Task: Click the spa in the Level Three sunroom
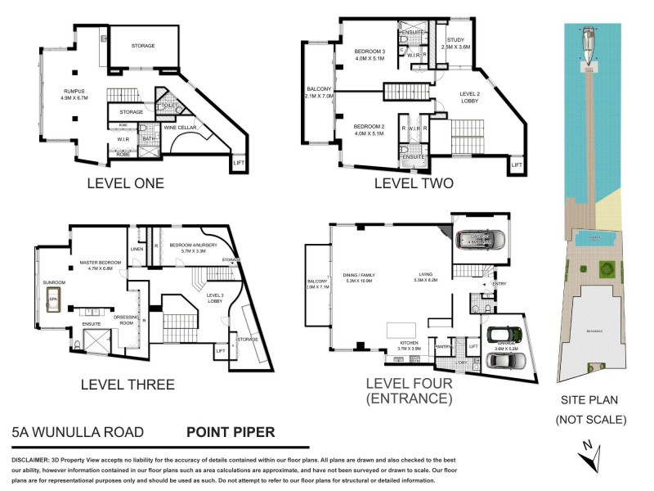(x=55, y=295)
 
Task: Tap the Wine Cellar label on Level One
(x=185, y=128)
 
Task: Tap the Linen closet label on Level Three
(x=136, y=250)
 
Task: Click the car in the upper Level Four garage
(x=481, y=240)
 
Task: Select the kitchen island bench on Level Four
(x=401, y=330)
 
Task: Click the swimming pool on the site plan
(x=590, y=239)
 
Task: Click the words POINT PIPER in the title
(x=231, y=432)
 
